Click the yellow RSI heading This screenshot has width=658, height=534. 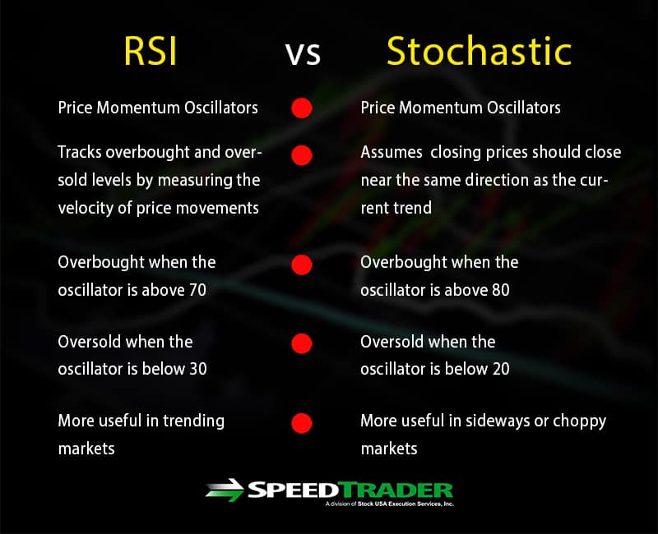coord(151,51)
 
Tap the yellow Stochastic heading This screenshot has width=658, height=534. coord(479,51)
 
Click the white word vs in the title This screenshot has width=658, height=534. coord(303,53)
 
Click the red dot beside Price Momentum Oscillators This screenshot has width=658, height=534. coord(302,108)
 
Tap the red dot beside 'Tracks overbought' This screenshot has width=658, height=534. coord(302,155)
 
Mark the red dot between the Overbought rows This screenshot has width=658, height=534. coord(302,265)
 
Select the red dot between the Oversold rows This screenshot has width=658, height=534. coord(302,343)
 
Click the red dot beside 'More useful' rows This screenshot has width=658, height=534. coord(302,423)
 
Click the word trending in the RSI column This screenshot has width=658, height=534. coord(193,421)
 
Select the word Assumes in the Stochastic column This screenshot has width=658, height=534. coord(392,152)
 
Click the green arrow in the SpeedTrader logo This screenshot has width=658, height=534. coord(225,490)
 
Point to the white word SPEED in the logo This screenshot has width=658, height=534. coord(293,490)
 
